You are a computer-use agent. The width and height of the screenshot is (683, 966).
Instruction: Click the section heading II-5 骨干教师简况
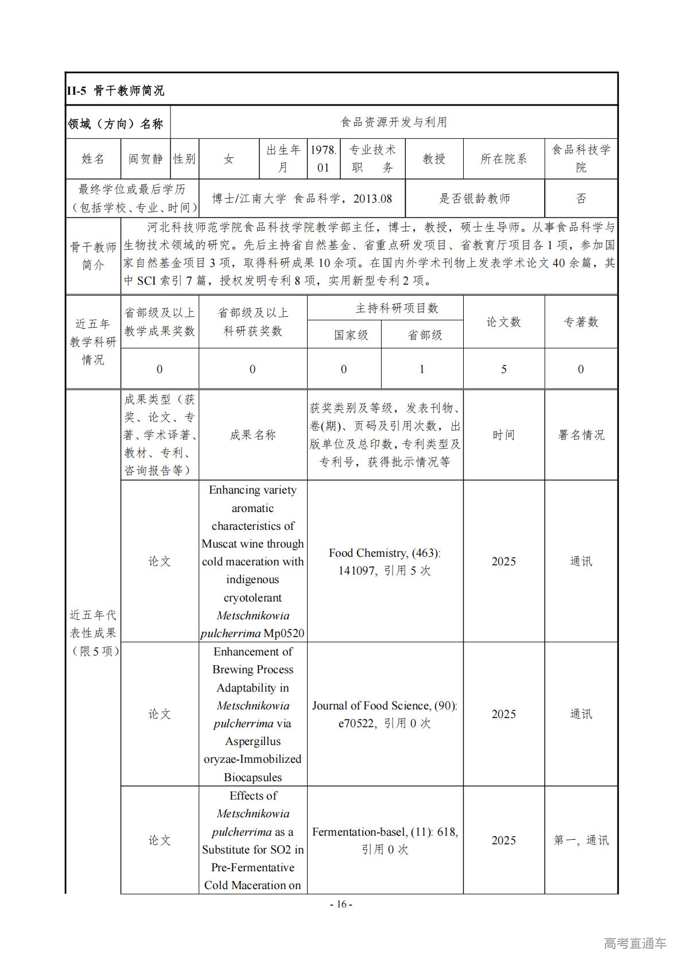pyautogui.click(x=115, y=90)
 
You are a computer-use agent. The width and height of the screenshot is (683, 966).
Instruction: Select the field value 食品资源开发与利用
pyautogui.click(x=394, y=122)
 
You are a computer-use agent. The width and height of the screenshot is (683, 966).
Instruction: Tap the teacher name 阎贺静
pyautogui.click(x=146, y=159)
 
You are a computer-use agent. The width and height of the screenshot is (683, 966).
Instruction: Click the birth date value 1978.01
pyautogui.click(x=323, y=159)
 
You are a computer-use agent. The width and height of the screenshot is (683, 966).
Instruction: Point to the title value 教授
pyautogui.click(x=434, y=159)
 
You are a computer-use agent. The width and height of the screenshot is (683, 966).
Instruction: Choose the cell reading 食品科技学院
pyautogui.click(x=581, y=159)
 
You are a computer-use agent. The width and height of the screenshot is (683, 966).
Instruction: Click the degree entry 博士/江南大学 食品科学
pyautogui.click(x=302, y=199)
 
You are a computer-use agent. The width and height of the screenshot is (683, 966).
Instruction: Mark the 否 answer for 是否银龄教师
pyautogui.click(x=581, y=199)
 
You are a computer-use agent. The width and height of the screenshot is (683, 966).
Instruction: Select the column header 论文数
pyautogui.click(x=503, y=322)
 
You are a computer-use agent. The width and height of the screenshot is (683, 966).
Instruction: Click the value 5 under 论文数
pyautogui.click(x=503, y=369)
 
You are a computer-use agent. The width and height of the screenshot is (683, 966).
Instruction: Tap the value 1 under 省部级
pyautogui.click(x=422, y=369)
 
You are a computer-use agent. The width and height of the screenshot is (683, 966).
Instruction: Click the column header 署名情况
pyautogui.click(x=581, y=435)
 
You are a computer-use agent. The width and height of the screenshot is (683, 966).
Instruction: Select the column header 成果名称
pyautogui.click(x=253, y=435)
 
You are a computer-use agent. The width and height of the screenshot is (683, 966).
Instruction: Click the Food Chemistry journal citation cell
pyautogui.click(x=385, y=561)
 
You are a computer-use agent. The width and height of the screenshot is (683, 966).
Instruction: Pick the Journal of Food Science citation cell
pyautogui.click(x=385, y=714)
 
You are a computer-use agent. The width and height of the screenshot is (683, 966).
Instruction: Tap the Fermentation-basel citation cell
pyautogui.click(x=385, y=840)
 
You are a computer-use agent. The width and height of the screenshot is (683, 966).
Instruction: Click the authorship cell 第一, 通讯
pyautogui.click(x=581, y=840)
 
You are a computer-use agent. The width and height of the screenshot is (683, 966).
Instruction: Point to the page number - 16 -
pyautogui.click(x=341, y=905)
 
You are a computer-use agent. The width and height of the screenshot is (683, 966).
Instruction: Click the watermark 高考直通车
pyautogui.click(x=635, y=943)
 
